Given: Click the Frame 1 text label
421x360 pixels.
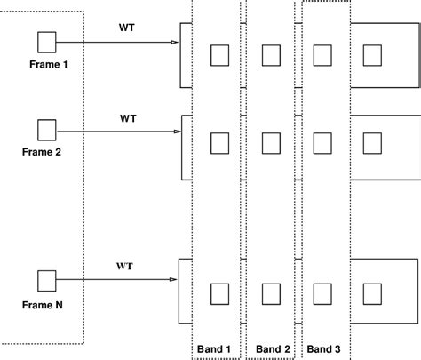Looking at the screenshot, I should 45,66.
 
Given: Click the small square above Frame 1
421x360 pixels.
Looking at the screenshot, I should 47,42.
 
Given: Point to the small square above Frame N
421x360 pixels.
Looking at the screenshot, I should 47,282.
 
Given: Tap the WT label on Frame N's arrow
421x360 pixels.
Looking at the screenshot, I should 126,266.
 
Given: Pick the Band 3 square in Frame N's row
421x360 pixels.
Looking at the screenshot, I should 322,292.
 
